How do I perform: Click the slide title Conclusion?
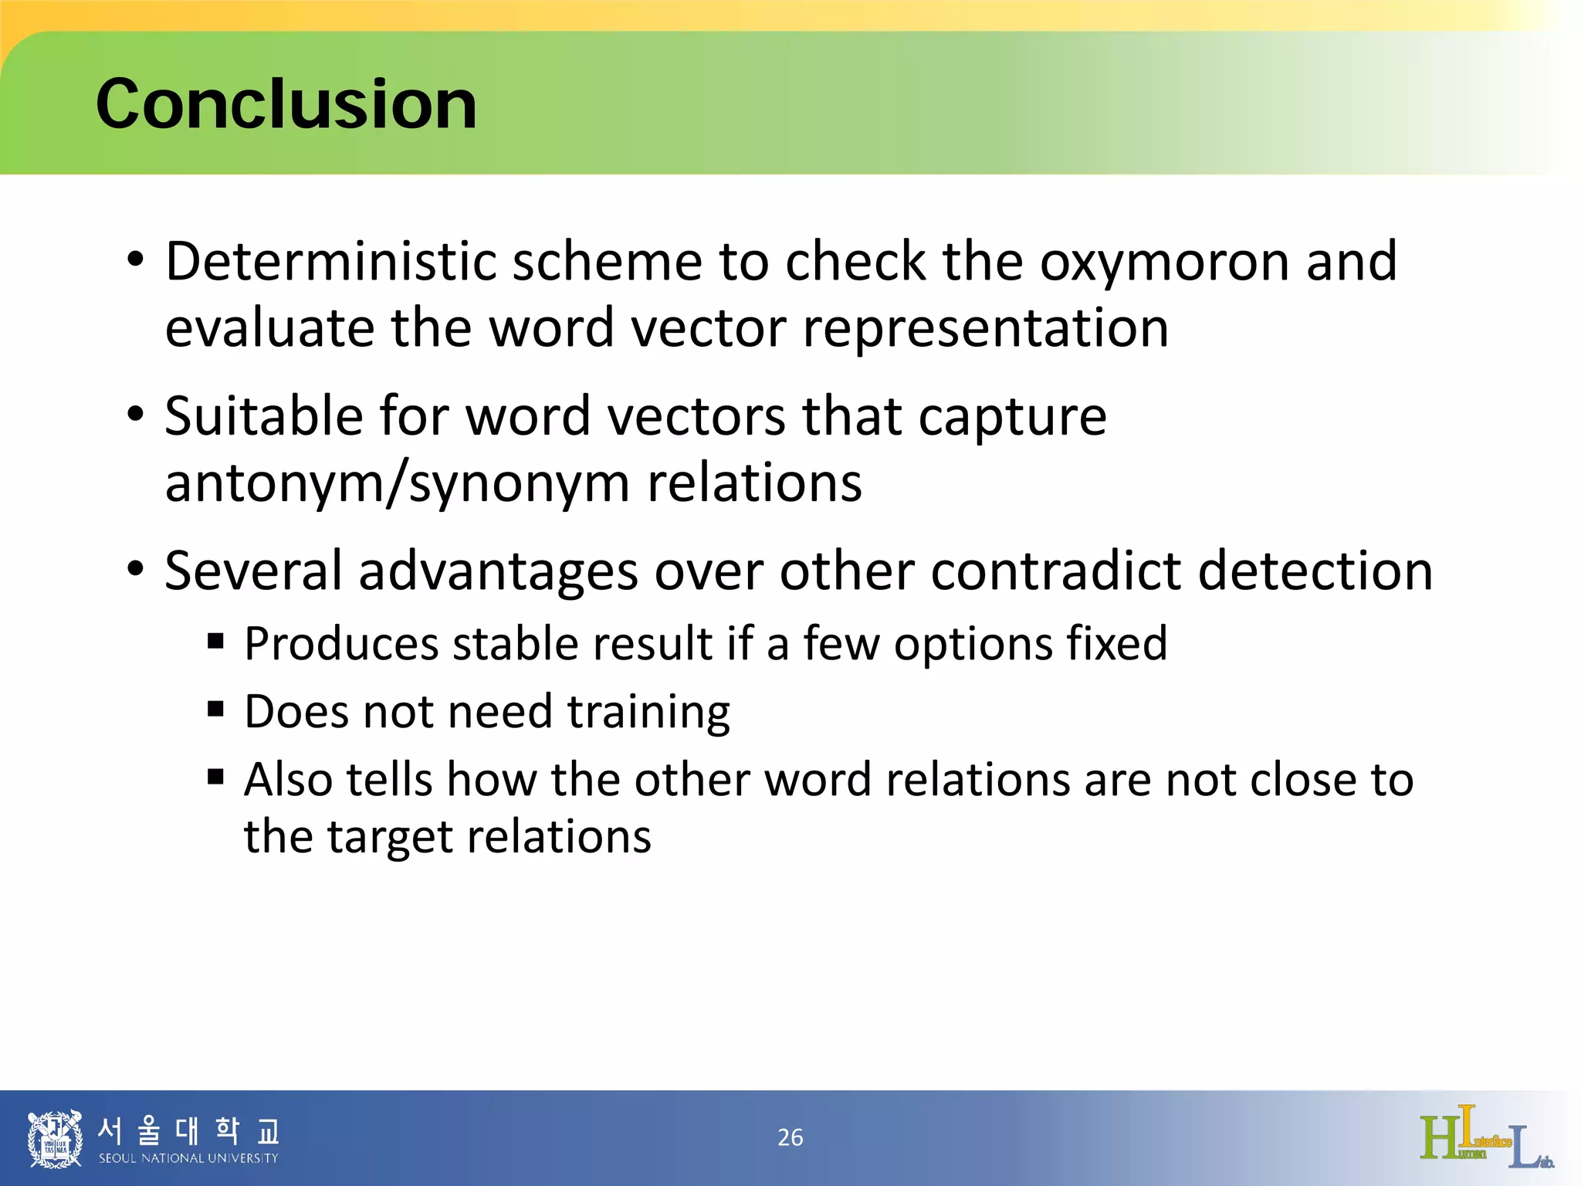pyautogui.click(x=286, y=104)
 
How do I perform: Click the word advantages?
pyautogui.click(x=498, y=571)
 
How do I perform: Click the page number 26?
pyautogui.click(x=790, y=1137)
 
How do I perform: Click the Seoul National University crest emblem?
pyautogui.click(x=54, y=1138)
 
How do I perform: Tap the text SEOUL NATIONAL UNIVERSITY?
pyautogui.click(x=188, y=1158)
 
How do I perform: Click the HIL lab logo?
pyautogui.click(x=1486, y=1137)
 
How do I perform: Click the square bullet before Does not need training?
pyautogui.click(x=215, y=709)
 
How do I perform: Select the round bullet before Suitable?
pyautogui.click(x=136, y=415)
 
